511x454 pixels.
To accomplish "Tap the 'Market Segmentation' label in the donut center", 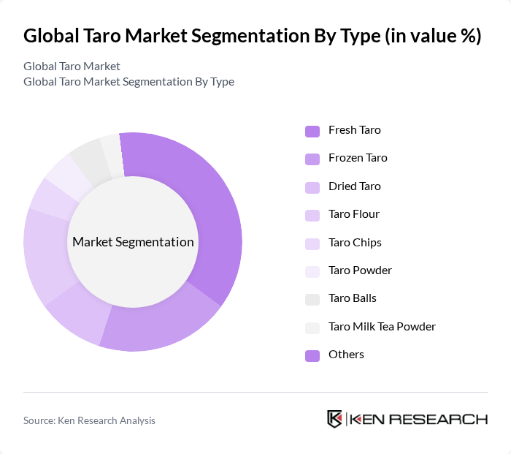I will click(x=133, y=242).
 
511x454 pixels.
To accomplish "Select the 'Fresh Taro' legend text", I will click(x=354, y=130).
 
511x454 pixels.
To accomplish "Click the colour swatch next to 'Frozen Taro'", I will click(x=312, y=159).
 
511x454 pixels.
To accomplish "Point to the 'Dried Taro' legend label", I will click(x=354, y=186).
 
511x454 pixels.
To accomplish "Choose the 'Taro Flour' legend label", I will click(x=353, y=214).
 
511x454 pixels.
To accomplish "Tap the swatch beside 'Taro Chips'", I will click(x=312, y=243).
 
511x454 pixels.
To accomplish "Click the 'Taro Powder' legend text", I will click(x=360, y=270).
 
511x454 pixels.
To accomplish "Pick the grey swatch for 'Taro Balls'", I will click(x=312, y=299).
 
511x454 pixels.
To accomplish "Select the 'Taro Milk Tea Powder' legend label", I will click(x=382, y=327).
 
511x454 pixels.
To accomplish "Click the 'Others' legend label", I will click(x=346, y=355).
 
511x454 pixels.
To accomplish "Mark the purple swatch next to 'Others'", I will click(x=312, y=355).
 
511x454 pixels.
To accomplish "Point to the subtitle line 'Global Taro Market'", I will click(x=72, y=67).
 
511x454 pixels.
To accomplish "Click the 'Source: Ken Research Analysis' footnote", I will click(x=89, y=420).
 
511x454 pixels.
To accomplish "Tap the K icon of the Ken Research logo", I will click(x=334, y=419).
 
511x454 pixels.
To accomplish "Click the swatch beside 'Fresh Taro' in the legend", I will click(x=312, y=131).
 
